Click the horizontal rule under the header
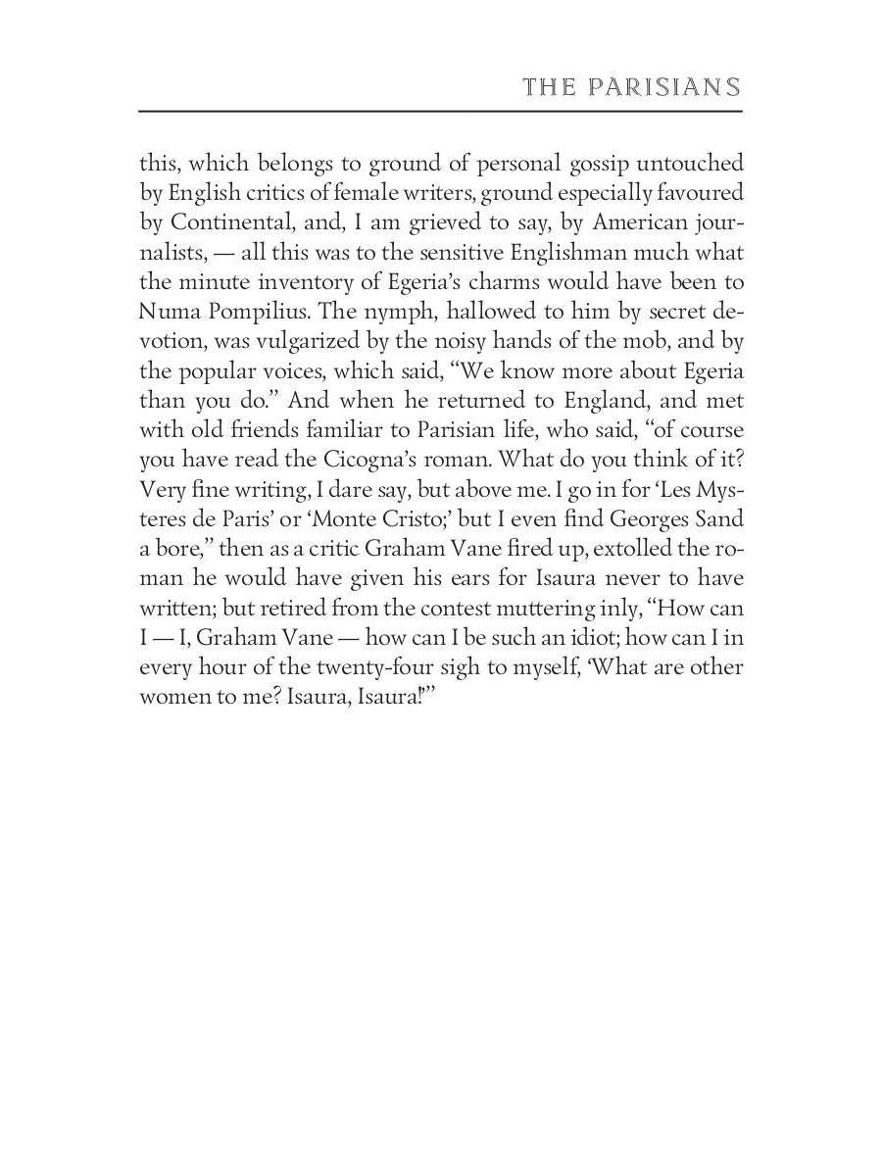(x=440, y=111)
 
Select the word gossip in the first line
(x=548, y=163)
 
